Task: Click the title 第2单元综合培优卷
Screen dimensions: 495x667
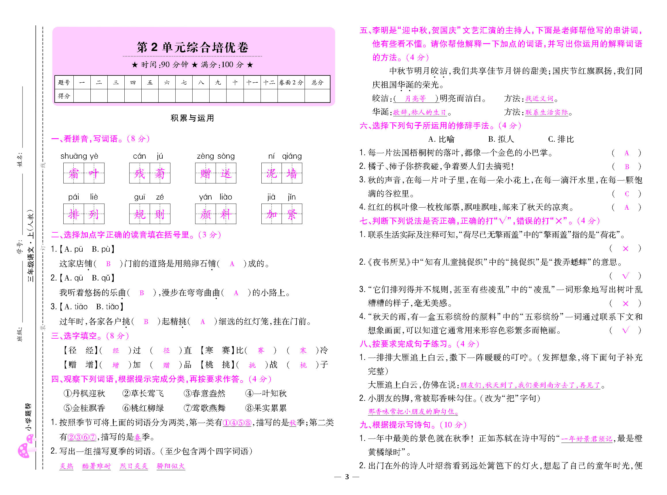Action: [192, 47]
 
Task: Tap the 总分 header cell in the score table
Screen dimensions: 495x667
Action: [317, 82]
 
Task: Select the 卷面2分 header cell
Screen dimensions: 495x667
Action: [291, 82]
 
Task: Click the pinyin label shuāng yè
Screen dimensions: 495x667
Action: [79, 156]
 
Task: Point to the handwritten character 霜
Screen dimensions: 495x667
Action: [74, 173]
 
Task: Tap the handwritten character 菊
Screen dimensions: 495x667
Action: [160, 173]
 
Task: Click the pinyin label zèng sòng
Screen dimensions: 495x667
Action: [216, 156]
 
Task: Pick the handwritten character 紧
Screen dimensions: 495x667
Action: [292, 214]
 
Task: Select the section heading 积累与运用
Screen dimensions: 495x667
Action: [192, 118]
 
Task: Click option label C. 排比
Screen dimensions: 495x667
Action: [561, 139]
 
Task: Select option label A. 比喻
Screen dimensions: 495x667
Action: [441, 139]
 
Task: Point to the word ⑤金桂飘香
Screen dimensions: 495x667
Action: [84, 408]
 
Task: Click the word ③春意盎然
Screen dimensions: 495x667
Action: [204, 393]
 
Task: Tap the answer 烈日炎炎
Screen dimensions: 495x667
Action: [134, 466]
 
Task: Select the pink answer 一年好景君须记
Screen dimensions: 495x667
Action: [586, 439]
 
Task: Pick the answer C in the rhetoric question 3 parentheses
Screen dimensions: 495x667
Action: [627, 194]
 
